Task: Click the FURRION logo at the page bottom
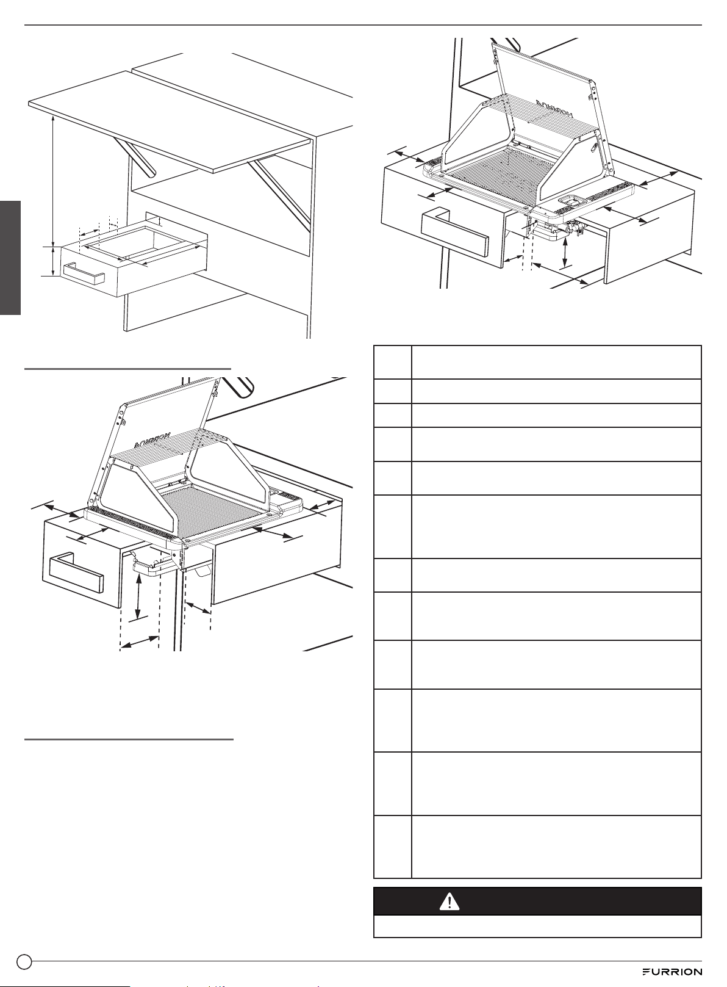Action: [672, 972]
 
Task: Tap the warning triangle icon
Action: [449, 902]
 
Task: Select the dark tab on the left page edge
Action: [10, 258]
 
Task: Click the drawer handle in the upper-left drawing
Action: [84, 273]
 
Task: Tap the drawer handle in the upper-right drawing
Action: [455, 233]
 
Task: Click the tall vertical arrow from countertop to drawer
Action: [53, 180]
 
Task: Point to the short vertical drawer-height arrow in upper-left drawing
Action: [53, 261]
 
